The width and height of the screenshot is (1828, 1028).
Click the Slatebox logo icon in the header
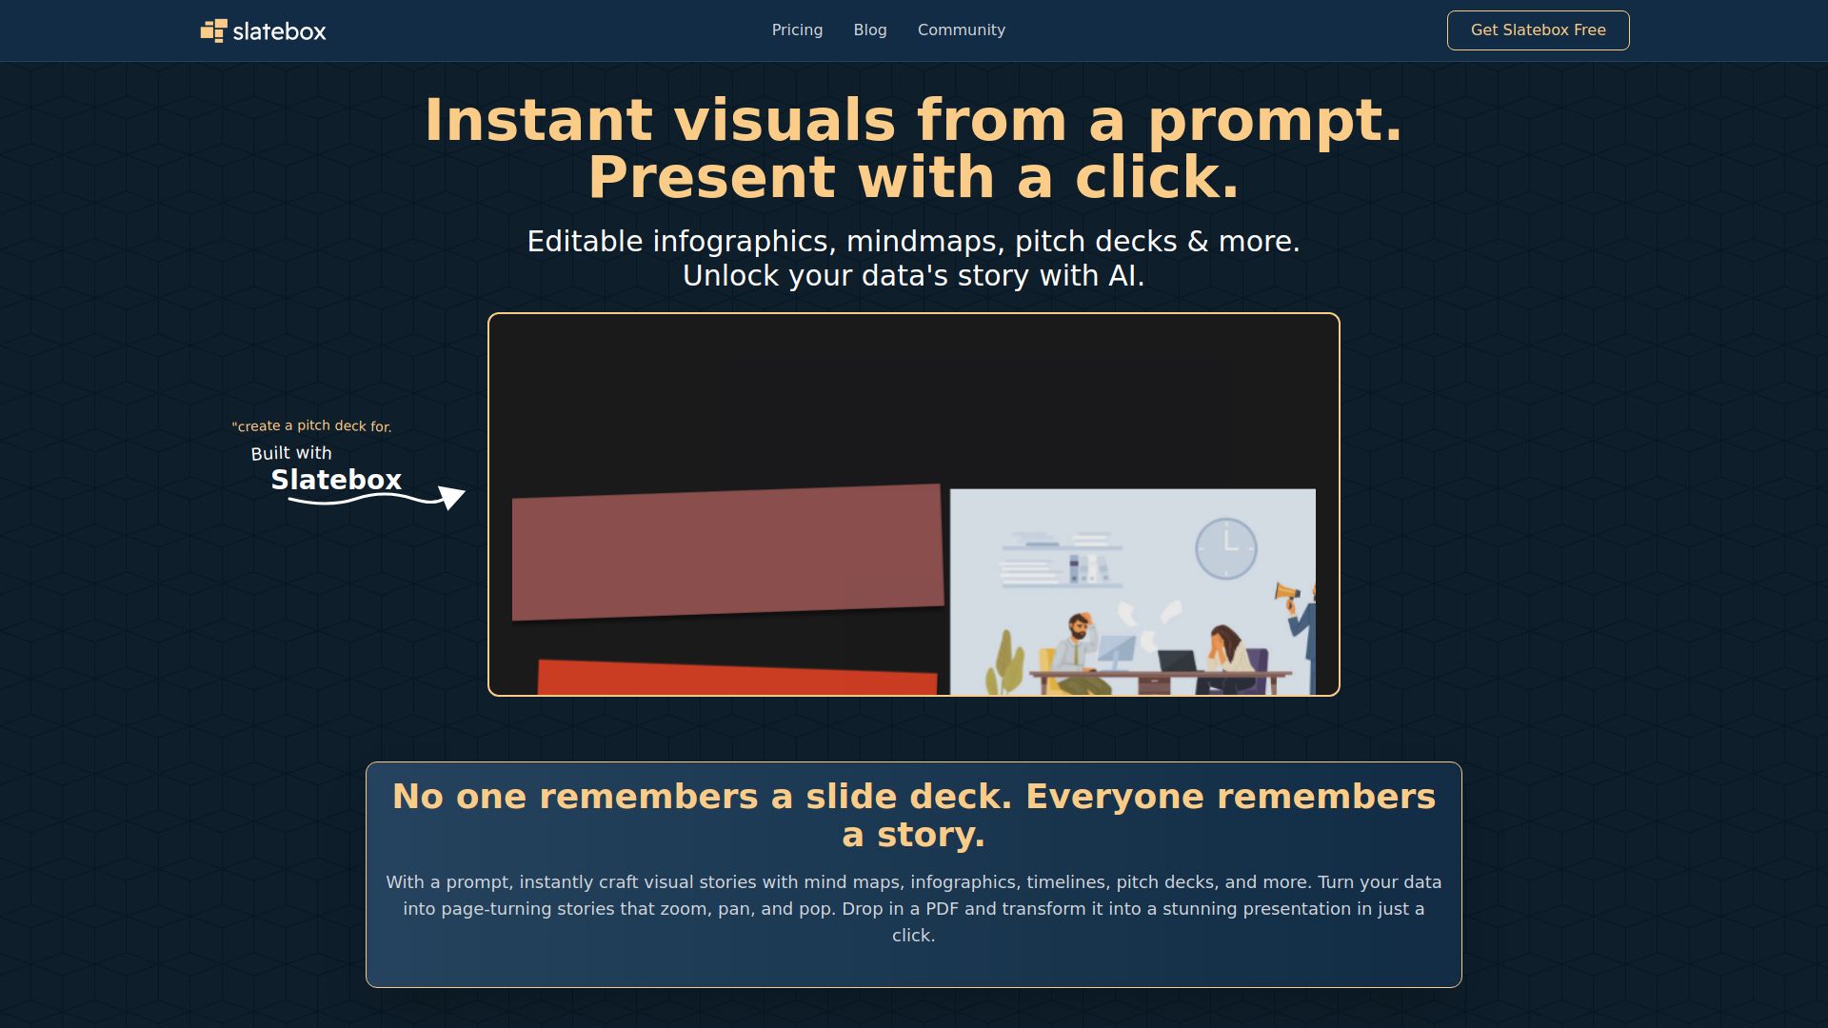pyautogui.click(x=213, y=30)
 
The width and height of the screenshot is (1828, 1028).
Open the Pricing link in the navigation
pyautogui.click(x=797, y=30)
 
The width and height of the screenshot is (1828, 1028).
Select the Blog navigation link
pyautogui.click(x=870, y=30)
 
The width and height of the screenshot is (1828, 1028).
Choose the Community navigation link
pyautogui.click(x=961, y=30)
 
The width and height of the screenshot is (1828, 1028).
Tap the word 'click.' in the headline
pyautogui.click(x=1157, y=177)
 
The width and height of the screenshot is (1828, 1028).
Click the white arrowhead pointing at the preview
pyautogui.click(x=451, y=497)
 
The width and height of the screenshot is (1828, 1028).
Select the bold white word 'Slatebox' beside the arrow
pyautogui.click(x=336, y=480)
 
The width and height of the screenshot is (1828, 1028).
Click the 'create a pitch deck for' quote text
pyautogui.click(x=311, y=426)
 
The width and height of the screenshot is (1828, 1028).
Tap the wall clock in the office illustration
pyautogui.click(x=1226, y=548)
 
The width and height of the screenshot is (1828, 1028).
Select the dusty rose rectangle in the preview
pyautogui.click(x=727, y=552)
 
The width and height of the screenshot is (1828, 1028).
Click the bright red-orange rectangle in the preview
pyautogui.click(x=737, y=677)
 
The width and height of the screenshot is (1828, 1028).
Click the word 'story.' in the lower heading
pyautogui.click(x=914, y=835)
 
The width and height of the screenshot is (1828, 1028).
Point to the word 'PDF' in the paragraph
pyautogui.click(x=942, y=909)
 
